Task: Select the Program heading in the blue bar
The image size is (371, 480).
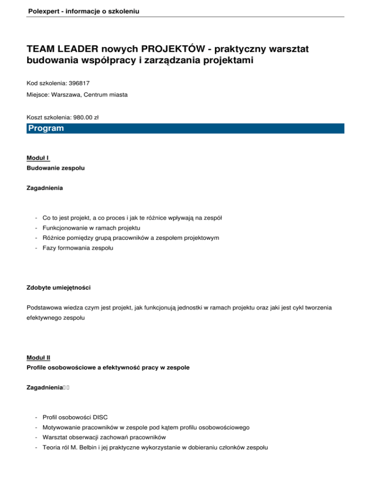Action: click(x=46, y=128)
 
